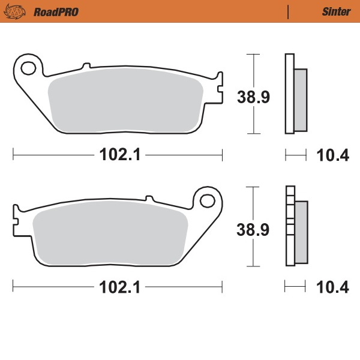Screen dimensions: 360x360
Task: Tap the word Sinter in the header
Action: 337,11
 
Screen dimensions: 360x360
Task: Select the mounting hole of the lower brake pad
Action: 208,199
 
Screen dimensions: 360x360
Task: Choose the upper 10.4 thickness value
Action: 332,155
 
